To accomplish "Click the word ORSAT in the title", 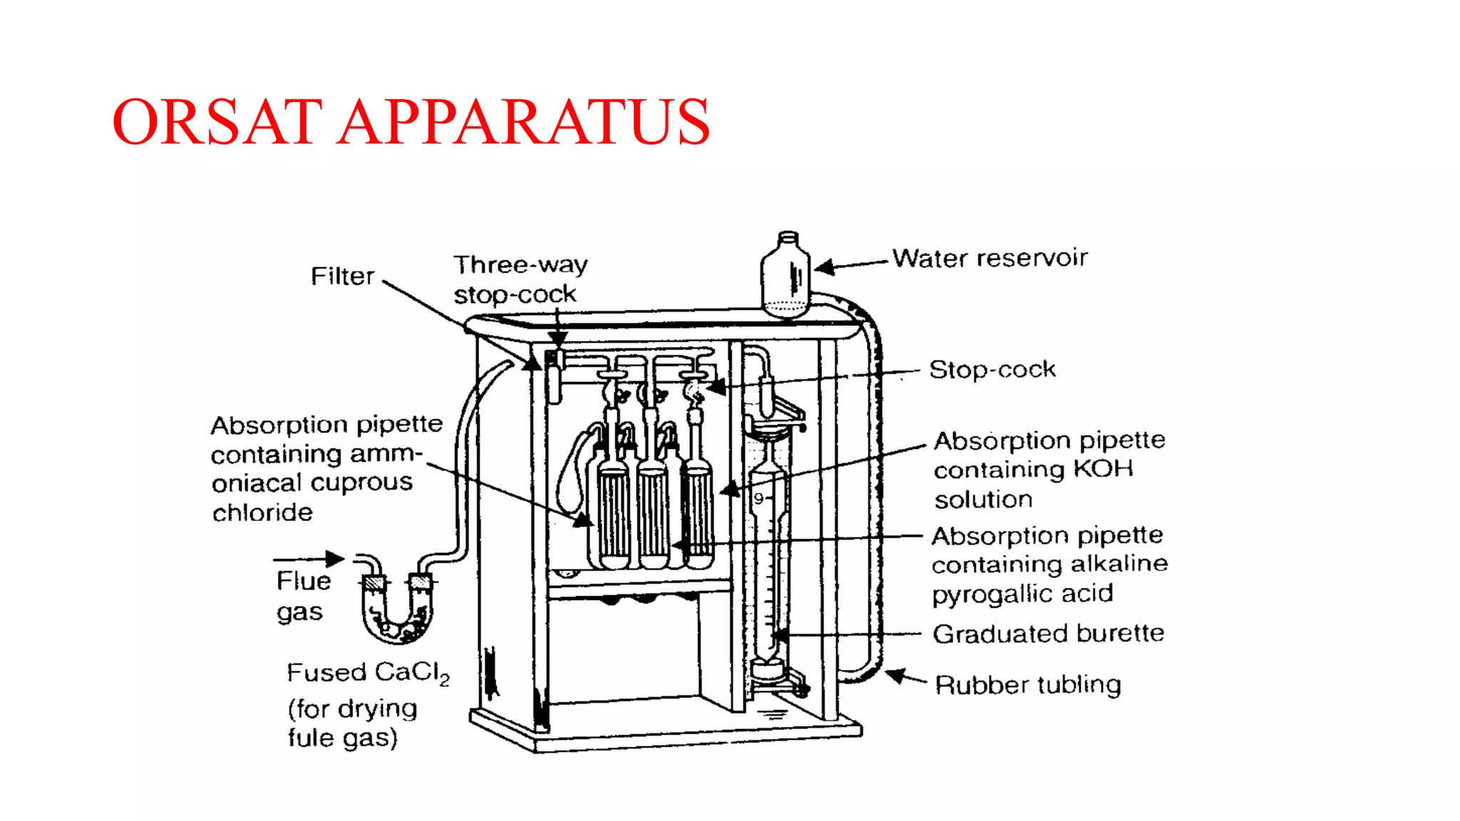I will coord(217,122).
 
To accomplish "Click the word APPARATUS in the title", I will coord(524,122).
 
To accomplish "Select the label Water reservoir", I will coord(989,258).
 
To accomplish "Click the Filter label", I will coord(342,277).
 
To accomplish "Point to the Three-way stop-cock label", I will coord(520,279).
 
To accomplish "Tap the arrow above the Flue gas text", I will coord(309,558).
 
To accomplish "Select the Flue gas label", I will coord(303,596).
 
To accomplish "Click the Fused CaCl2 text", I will coord(368,673).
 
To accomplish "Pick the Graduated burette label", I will coord(1048,634).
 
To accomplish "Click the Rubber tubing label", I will coord(1027,685).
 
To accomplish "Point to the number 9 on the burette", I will coord(759,499).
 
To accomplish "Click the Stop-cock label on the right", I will coord(992,370).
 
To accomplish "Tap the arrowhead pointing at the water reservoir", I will coord(825,268).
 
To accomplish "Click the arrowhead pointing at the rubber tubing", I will coord(895,674).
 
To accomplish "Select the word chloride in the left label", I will coord(262,512).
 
